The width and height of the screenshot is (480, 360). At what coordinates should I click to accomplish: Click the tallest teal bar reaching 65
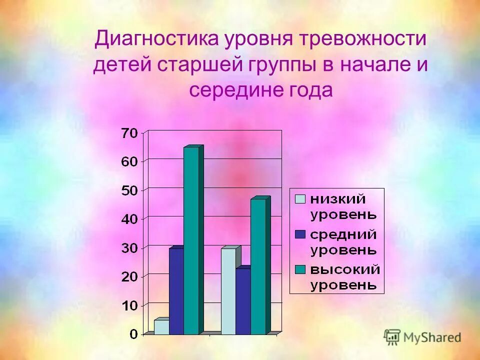tap(191, 240)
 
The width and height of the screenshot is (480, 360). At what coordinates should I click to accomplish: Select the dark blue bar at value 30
tap(176, 291)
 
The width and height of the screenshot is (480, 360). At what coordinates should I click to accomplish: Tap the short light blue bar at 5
tap(161, 327)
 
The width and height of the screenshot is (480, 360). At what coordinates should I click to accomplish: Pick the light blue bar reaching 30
tap(228, 291)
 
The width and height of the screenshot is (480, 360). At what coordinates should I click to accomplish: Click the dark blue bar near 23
tap(243, 301)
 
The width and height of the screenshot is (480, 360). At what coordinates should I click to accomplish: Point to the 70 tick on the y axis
tap(128, 133)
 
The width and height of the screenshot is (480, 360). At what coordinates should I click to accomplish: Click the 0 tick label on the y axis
tap(133, 334)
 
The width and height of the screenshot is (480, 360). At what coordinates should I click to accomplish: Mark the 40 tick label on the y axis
tap(128, 219)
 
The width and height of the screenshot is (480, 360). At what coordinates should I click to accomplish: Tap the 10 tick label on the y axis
tap(128, 305)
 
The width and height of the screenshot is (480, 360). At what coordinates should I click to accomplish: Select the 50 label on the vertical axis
tap(128, 190)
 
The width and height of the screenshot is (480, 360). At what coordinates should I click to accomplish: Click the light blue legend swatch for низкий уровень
tap(300, 199)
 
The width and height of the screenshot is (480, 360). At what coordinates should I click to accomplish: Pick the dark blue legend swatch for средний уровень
tap(300, 234)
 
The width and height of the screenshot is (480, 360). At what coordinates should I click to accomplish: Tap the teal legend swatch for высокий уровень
tap(300, 269)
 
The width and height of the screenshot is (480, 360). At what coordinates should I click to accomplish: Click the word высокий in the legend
tap(345, 269)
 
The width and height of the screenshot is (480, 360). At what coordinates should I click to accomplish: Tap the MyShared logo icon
tap(392, 337)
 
